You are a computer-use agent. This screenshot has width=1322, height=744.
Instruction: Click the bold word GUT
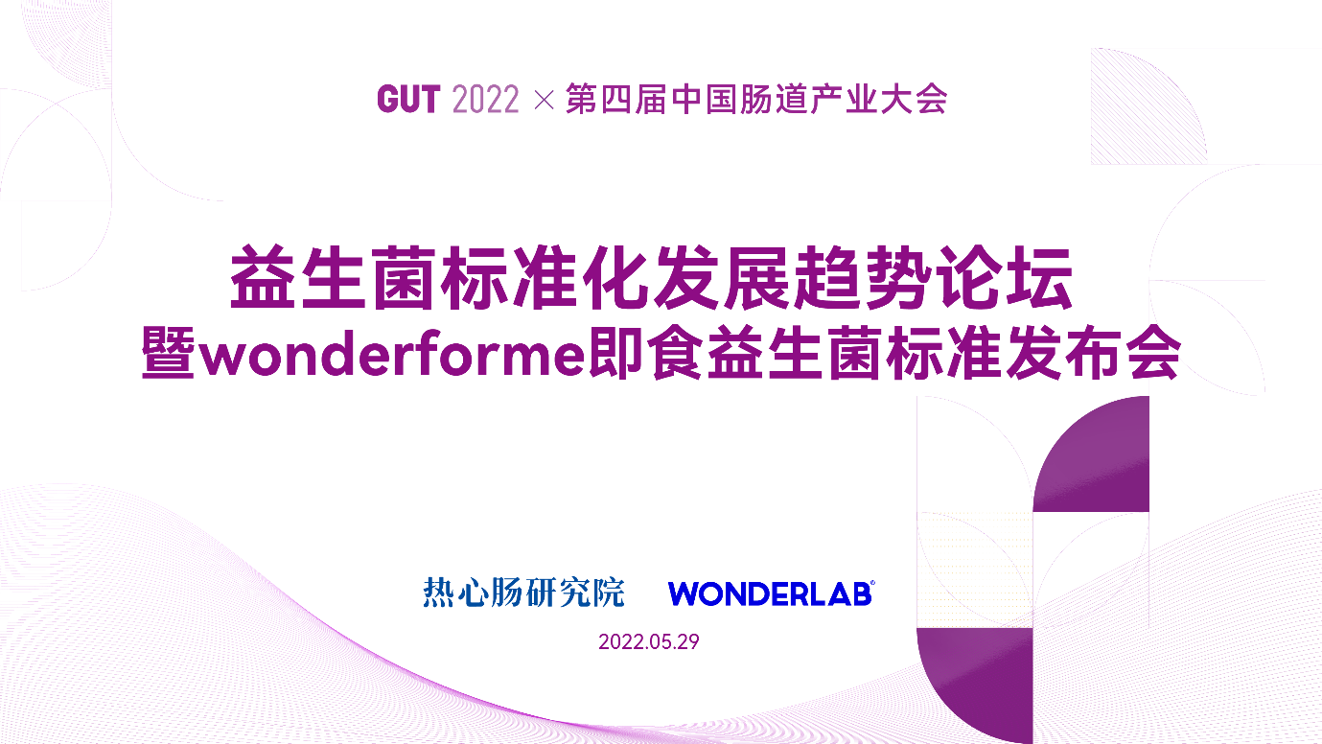[x=408, y=99]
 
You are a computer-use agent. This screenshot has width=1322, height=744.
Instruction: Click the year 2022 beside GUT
[x=486, y=99]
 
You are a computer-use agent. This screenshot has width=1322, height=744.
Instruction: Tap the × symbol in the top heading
[x=544, y=99]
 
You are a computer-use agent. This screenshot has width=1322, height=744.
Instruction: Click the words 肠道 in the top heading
[x=773, y=99]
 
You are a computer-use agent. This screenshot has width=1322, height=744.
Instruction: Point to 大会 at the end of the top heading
[x=914, y=99]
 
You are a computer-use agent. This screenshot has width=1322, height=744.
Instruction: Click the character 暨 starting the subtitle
[x=168, y=353]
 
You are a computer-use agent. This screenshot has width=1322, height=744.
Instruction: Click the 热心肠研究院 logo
[x=523, y=593]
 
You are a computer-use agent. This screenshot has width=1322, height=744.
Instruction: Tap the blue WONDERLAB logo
[x=770, y=593]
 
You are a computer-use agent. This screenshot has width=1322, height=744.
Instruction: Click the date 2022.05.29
[x=649, y=642]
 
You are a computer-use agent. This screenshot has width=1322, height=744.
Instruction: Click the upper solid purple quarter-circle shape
[x=1103, y=466]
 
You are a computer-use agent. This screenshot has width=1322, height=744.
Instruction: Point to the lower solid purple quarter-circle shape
[x=986, y=679]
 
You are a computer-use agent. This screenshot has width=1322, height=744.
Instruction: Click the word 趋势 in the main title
[x=863, y=277]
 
